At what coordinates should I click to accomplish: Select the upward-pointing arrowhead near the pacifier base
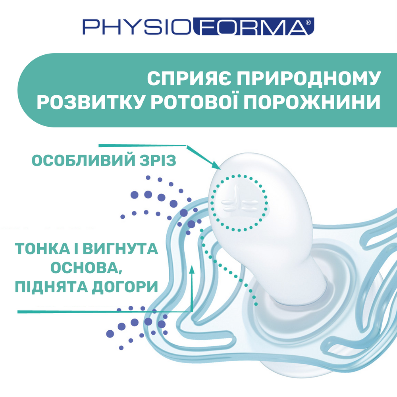(x=192, y=270)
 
